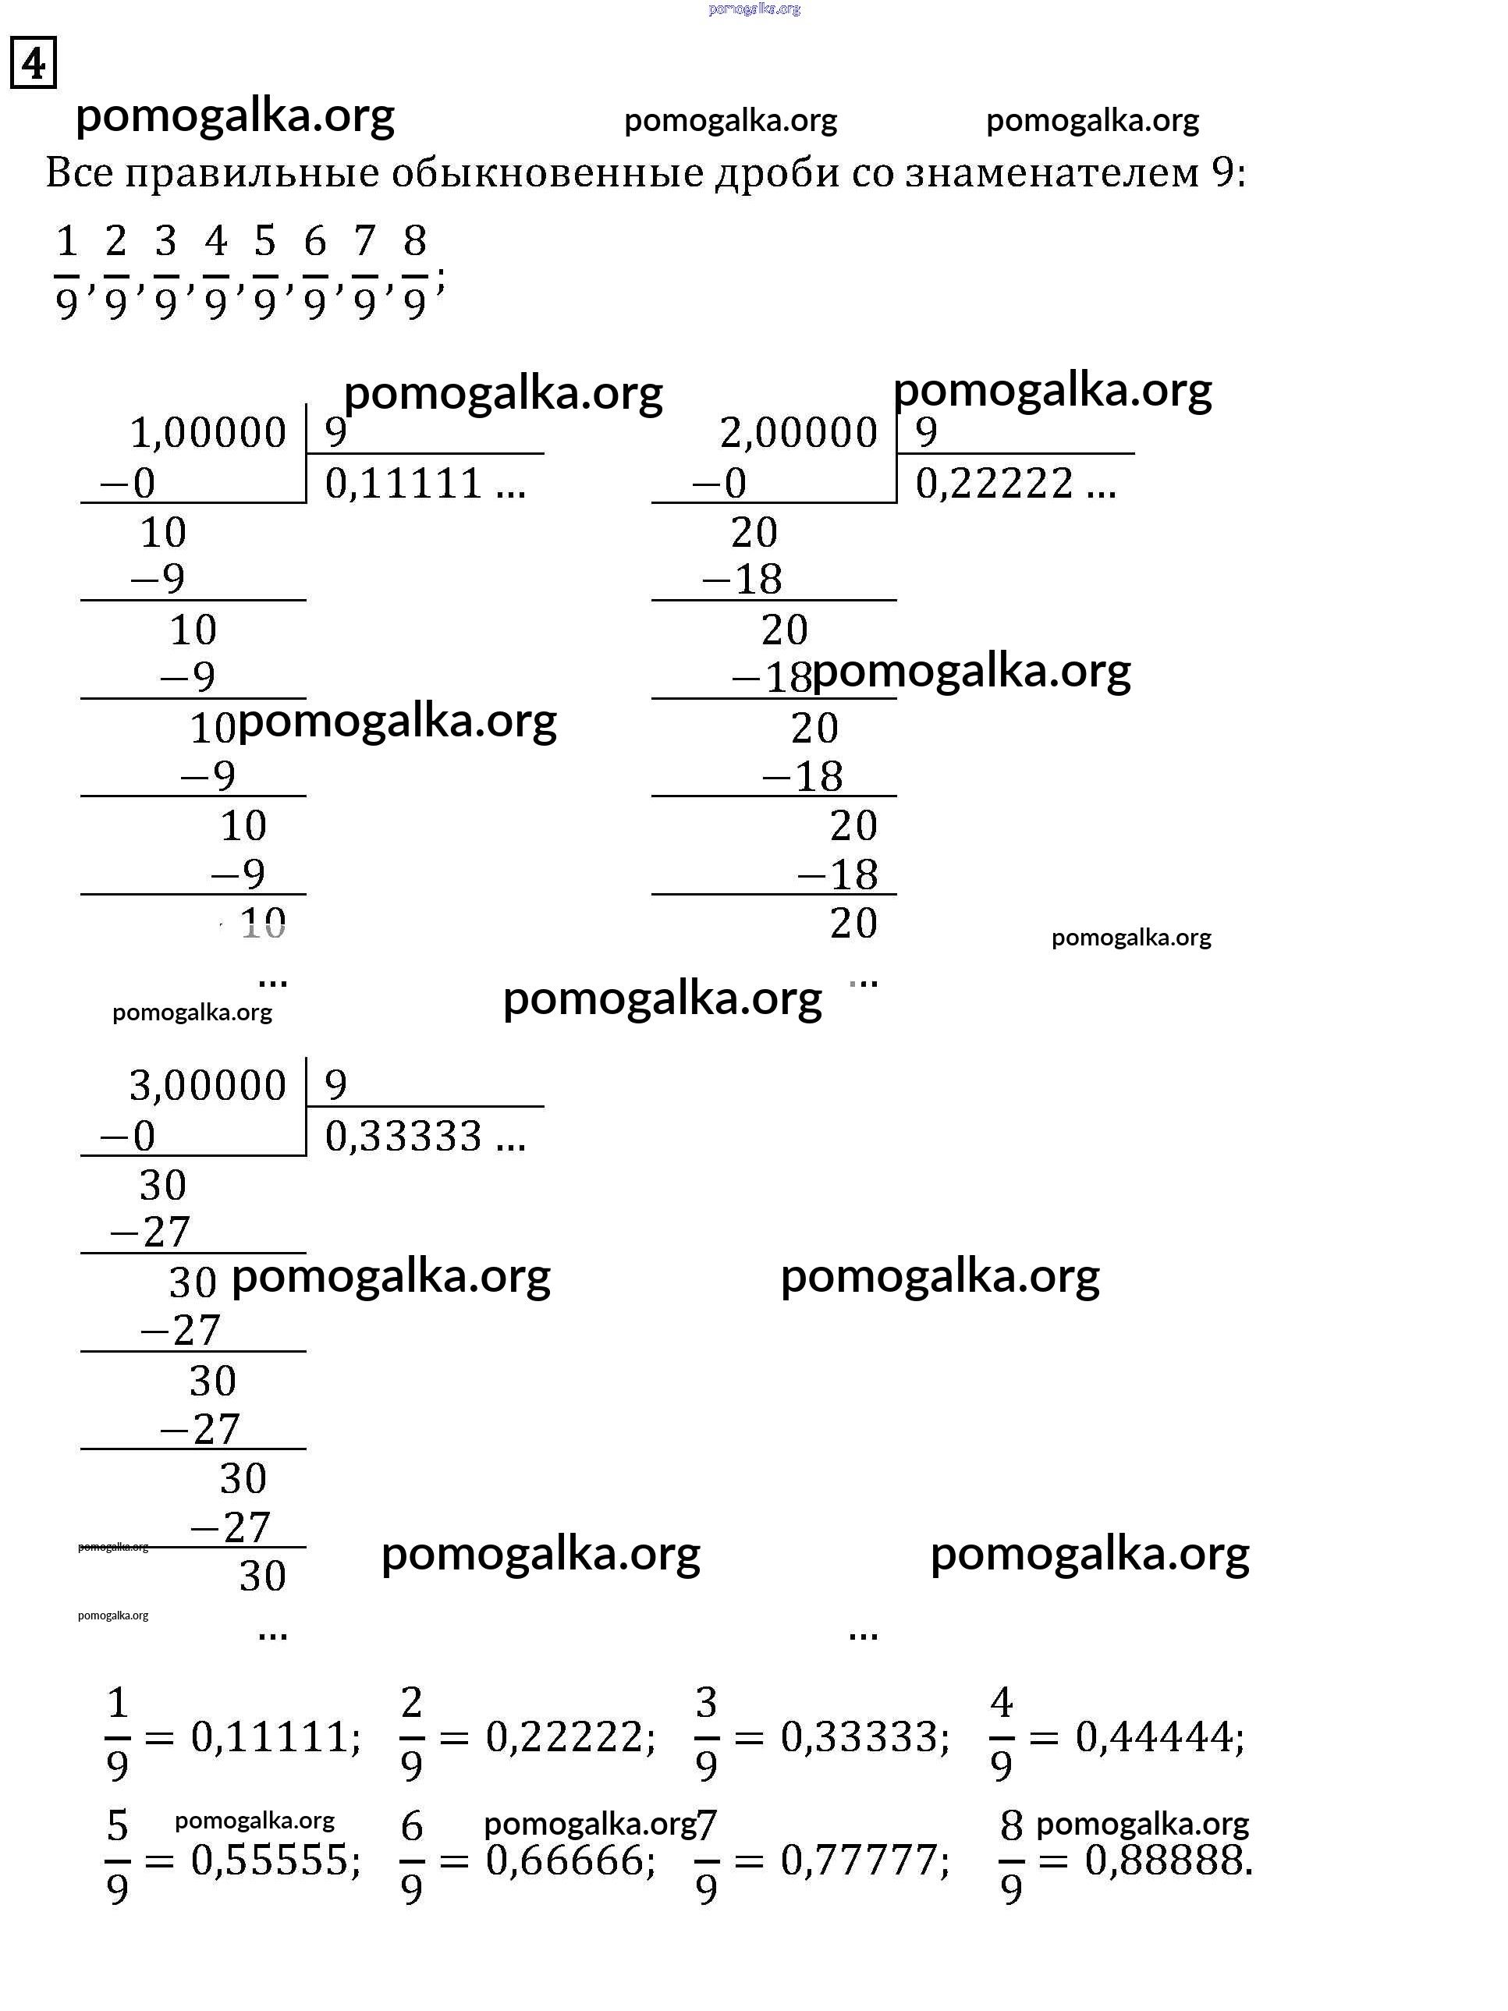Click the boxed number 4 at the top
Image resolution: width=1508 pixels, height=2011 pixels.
[x=34, y=62]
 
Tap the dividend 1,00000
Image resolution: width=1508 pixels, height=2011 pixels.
[x=208, y=433]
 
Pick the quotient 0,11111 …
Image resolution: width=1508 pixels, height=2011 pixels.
[x=424, y=484]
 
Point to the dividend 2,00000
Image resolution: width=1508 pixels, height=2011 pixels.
[x=798, y=433]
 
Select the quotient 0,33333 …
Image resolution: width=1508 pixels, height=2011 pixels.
[x=424, y=1137]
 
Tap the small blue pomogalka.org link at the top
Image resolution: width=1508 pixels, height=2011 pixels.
[x=754, y=9]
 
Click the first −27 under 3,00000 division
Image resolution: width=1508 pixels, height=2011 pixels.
[x=150, y=1232]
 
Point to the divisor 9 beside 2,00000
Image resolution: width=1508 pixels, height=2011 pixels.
[x=926, y=432]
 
